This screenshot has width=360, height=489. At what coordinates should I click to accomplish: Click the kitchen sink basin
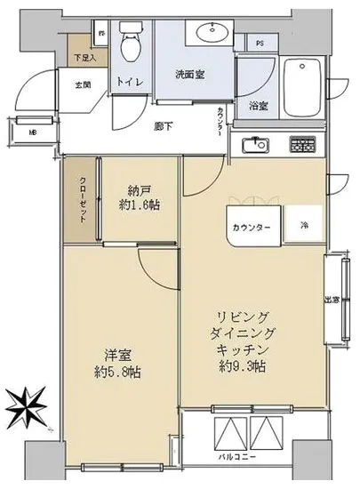(x=256, y=144)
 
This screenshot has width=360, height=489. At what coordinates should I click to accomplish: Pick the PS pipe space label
(x=260, y=43)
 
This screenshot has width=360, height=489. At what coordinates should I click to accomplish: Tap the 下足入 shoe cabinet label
(x=84, y=59)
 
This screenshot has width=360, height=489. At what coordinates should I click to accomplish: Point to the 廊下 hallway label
(x=163, y=126)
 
